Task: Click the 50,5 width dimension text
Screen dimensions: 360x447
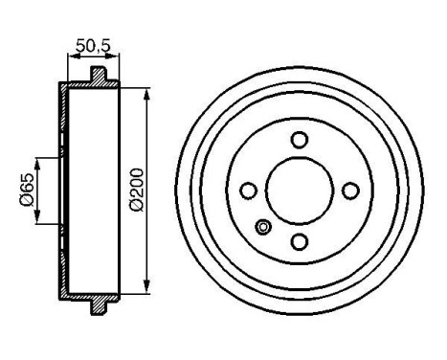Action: [93, 43]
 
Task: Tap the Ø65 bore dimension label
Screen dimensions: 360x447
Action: [28, 188]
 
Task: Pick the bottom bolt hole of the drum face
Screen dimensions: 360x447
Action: [299, 240]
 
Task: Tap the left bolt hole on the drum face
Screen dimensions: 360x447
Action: [248, 190]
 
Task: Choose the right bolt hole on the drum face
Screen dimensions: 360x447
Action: [350, 190]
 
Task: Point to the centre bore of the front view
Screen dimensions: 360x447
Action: [299, 190]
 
